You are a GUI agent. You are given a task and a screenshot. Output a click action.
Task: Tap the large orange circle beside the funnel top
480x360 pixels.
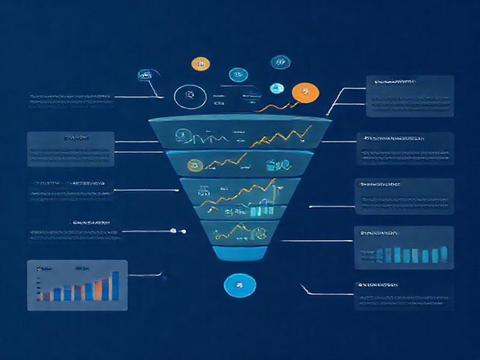point(305,92)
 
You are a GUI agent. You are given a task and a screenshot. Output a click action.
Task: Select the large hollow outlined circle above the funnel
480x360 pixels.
point(188,95)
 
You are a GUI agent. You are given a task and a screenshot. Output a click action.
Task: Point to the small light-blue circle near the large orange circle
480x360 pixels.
point(277,87)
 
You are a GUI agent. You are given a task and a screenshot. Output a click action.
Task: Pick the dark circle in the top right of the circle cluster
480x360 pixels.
point(278,61)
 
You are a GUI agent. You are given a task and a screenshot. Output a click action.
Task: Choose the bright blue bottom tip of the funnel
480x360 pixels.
point(240,253)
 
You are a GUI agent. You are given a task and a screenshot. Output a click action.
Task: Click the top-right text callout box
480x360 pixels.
point(410,96)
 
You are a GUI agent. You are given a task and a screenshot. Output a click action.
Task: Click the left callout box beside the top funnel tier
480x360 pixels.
point(70,149)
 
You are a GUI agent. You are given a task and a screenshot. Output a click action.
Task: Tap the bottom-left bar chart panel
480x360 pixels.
point(77,285)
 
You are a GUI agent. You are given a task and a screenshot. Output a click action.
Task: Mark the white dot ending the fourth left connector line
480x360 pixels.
point(173,230)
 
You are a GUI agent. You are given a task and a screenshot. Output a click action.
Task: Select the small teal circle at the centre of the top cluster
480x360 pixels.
point(238,75)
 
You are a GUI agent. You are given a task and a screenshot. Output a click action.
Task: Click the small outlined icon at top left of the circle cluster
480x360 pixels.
point(145,75)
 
